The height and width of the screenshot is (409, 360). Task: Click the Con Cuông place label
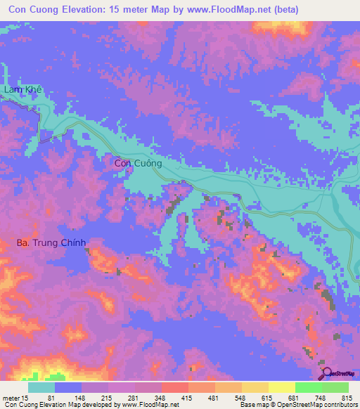(139, 163)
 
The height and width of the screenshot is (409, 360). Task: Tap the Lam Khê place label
(23, 90)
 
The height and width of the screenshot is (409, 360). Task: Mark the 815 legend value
(349, 398)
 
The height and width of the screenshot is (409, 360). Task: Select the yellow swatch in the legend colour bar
(281, 388)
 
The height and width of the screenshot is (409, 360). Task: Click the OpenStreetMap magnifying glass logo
(326, 372)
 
